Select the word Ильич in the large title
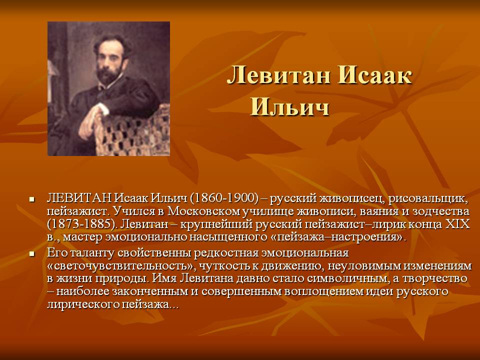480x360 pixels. pos(289,106)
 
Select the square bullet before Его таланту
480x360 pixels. pos(31,254)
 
